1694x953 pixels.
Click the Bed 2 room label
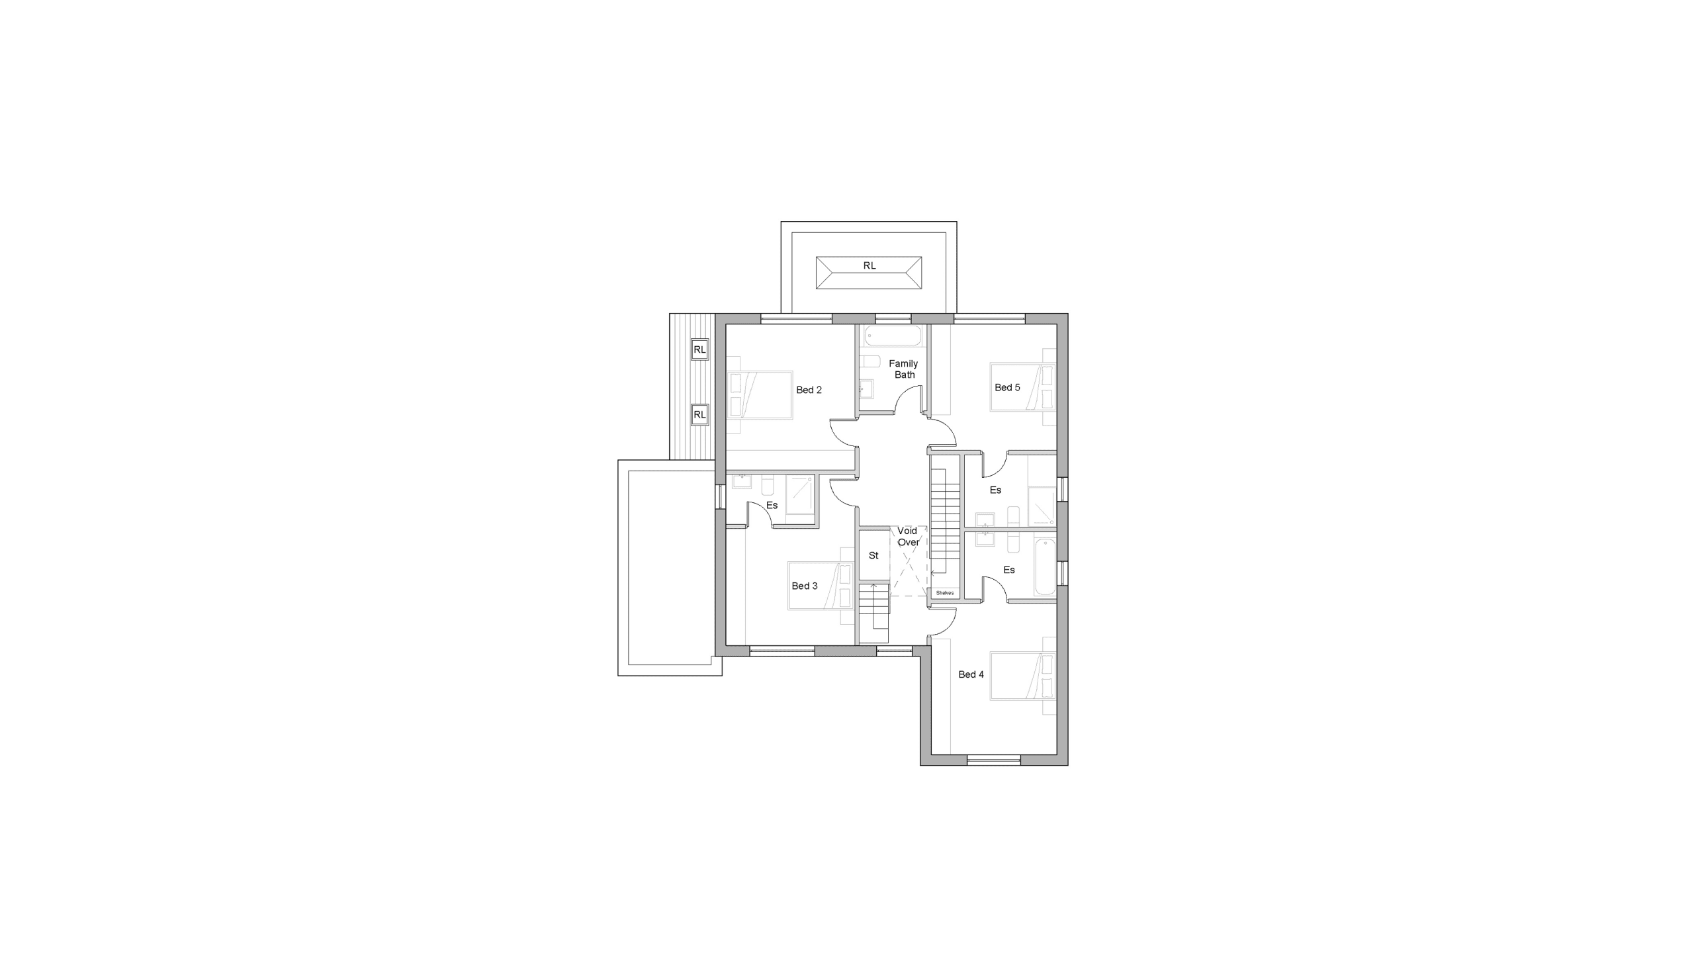pyautogui.click(x=809, y=390)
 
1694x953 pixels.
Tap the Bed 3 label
pyautogui.click(x=805, y=586)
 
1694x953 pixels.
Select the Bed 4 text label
pyautogui.click(x=971, y=674)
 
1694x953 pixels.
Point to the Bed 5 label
pyautogui.click(x=1007, y=387)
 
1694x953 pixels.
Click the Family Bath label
pyautogui.click(x=904, y=369)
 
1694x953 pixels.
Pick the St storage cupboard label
pyautogui.click(x=873, y=555)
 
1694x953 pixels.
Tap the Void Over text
pyautogui.click(x=908, y=536)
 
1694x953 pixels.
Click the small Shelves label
pyautogui.click(x=945, y=593)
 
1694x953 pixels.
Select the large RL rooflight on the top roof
pyautogui.click(x=869, y=273)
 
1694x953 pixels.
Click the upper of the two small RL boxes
pyautogui.click(x=699, y=349)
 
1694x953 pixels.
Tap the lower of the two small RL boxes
pyautogui.click(x=699, y=415)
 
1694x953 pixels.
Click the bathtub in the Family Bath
pyautogui.click(x=893, y=336)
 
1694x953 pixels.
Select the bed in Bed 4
pyautogui.click(x=1023, y=676)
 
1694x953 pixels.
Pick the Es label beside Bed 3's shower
pyautogui.click(x=772, y=505)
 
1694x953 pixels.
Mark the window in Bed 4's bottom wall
pyautogui.click(x=994, y=760)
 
